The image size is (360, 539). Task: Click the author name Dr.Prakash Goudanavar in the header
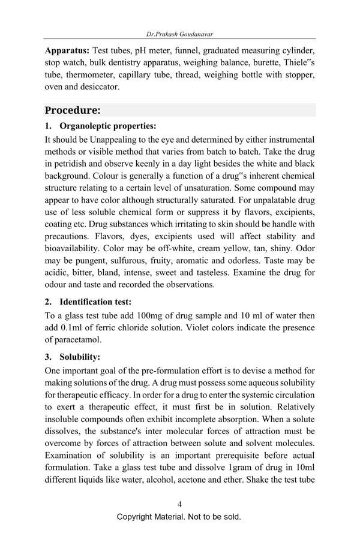pyautogui.click(x=179, y=34)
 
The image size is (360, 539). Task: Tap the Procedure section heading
pyautogui.click(x=73, y=110)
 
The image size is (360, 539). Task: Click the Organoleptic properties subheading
pyautogui.click(x=107, y=126)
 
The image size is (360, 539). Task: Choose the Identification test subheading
pyautogui.click(x=95, y=302)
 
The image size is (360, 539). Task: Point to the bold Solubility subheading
pyautogui.click(x=80, y=357)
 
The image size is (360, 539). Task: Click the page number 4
pyautogui.click(x=179, y=504)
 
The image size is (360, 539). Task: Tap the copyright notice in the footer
pyautogui.click(x=179, y=517)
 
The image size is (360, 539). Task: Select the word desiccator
pyautogui.click(x=99, y=86)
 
